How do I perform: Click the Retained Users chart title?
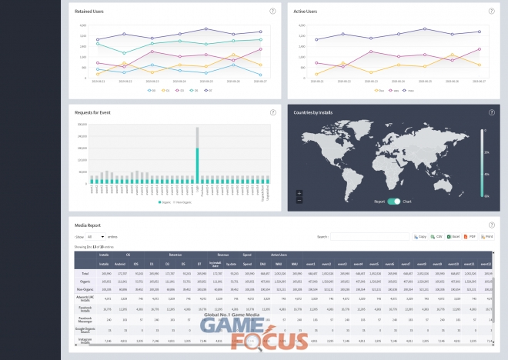click(x=91, y=12)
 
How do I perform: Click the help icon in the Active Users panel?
click(x=491, y=12)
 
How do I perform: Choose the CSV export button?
click(x=437, y=237)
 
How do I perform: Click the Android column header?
click(x=120, y=264)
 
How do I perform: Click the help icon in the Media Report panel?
click(x=491, y=224)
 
